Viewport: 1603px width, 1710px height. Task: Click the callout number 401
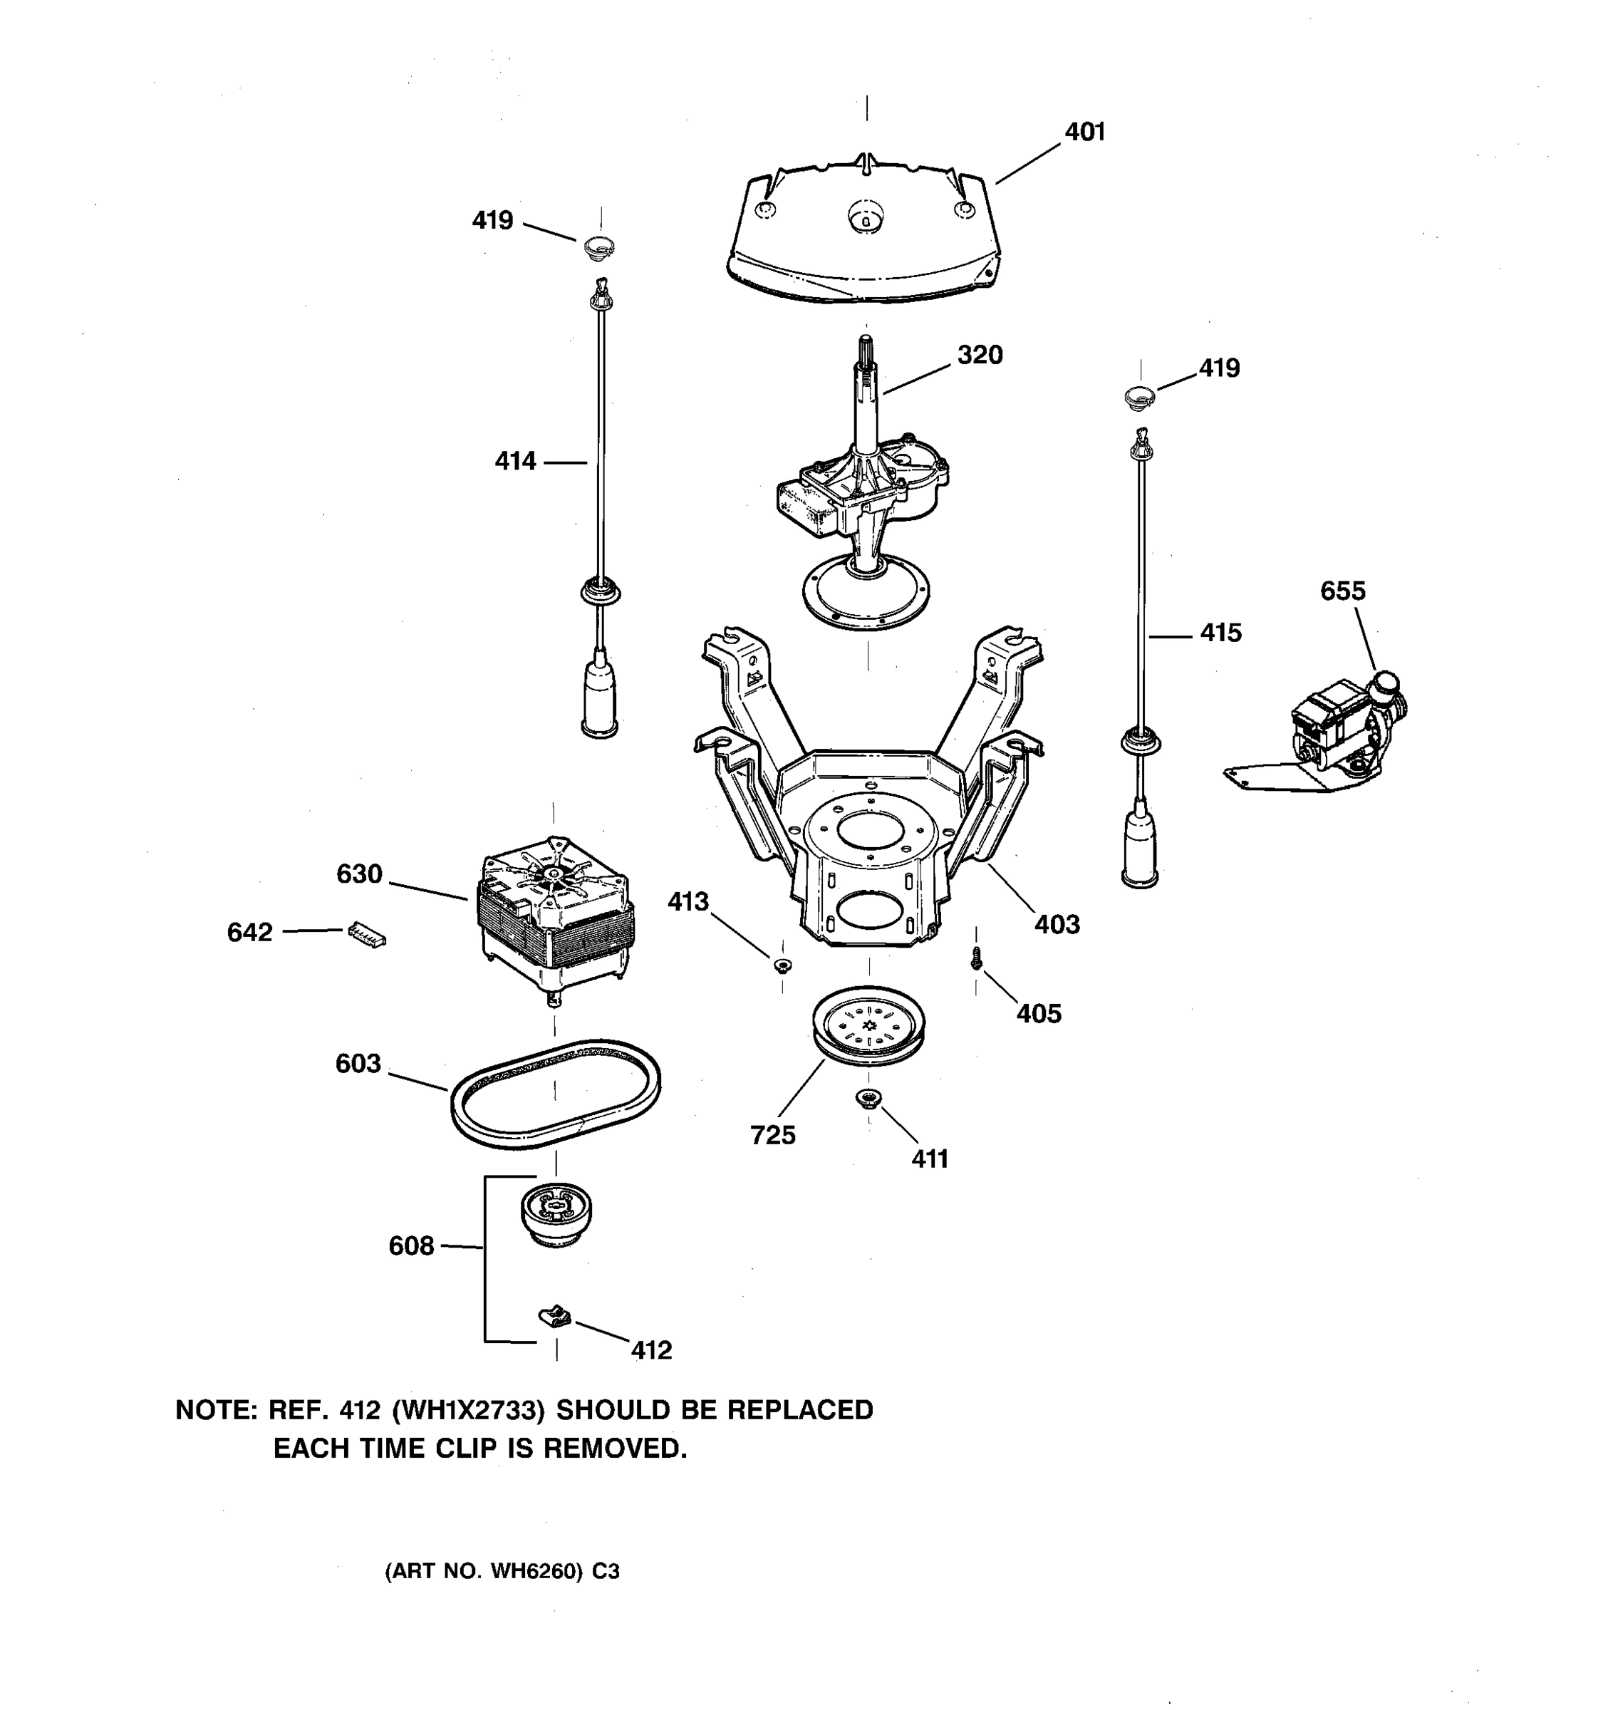[1084, 132]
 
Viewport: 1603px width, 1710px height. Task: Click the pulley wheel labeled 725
[868, 1028]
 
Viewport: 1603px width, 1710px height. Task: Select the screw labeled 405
[976, 958]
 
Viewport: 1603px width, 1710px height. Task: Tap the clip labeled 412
[556, 1315]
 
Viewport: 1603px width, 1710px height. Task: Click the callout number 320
[980, 354]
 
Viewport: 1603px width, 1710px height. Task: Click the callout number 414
[515, 462]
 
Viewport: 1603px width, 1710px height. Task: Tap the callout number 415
[1220, 633]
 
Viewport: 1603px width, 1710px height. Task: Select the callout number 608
[411, 1245]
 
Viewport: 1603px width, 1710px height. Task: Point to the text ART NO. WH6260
[486, 1572]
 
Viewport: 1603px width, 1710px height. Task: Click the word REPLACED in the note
[800, 1410]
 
